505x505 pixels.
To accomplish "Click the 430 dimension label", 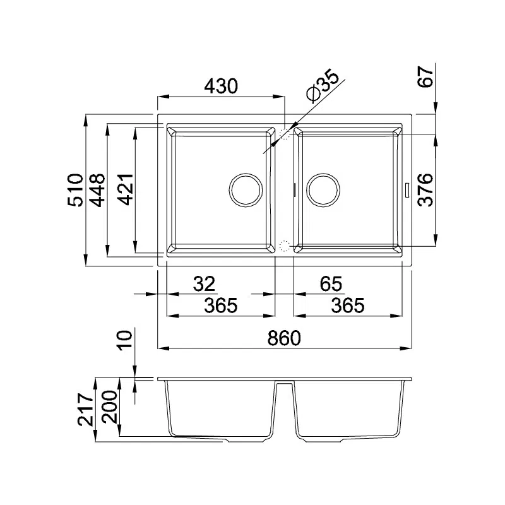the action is pyautogui.click(x=221, y=86).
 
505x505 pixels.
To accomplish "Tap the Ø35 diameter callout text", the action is pyautogui.click(x=323, y=86).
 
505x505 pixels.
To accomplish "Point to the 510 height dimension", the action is pyautogui.click(x=75, y=190).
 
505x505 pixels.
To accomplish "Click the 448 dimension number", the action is pyautogui.click(x=97, y=190).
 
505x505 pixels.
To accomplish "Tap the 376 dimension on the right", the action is pyautogui.click(x=425, y=190).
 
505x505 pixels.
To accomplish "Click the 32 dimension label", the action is pyautogui.click(x=204, y=283).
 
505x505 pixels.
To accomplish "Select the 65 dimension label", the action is pyautogui.click(x=331, y=283).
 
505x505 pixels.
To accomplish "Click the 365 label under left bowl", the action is pyautogui.click(x=220, y=306).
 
